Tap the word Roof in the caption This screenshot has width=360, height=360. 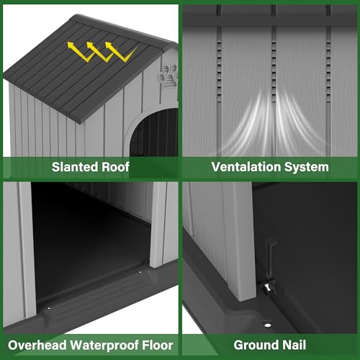pyautogui.click(x=115, y=167)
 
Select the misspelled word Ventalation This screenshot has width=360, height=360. pyautogui.click(x=246, y=167)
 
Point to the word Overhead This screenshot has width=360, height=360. pyautogui.click(x=37, y=345)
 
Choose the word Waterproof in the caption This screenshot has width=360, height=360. pyautogui.click(x=104, y=346)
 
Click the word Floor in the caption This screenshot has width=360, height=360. pyautogui.click(x=158, y=345)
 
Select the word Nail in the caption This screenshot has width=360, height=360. pyautogui.click(x=294, y=345)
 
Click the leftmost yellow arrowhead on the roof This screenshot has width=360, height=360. pyautogui.click(x=71, y=45)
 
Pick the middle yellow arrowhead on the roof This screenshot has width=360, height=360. pyautogui.click(x=90, y=45)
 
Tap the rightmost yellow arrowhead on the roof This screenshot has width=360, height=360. pyautogui.click(x=109, y=45)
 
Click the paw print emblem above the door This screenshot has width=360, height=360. pyautogui.click(x=168, y=76)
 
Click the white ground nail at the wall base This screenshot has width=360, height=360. pyautogui.click(x=268, y=287)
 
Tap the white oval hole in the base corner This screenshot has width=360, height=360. pyautogui.click(x=268, y=325)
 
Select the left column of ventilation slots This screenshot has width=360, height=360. pyautogui.click(x=219, y=72)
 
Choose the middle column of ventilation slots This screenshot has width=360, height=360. pyautogui.click(x=274, y=72)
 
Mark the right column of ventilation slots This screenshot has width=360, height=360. pyautogui.click(x=328, y=72)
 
